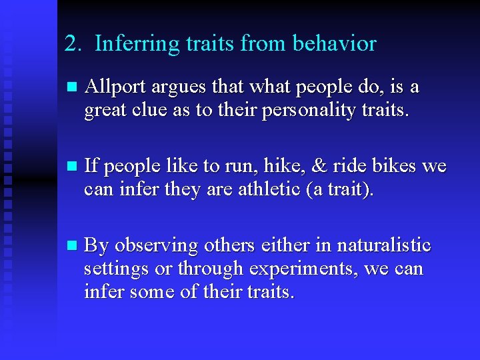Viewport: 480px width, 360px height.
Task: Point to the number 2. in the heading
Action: tap(73, 44)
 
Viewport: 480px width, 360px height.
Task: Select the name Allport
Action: tap(115, 87)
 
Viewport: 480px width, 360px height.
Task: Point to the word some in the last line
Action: tap(159, 292)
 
